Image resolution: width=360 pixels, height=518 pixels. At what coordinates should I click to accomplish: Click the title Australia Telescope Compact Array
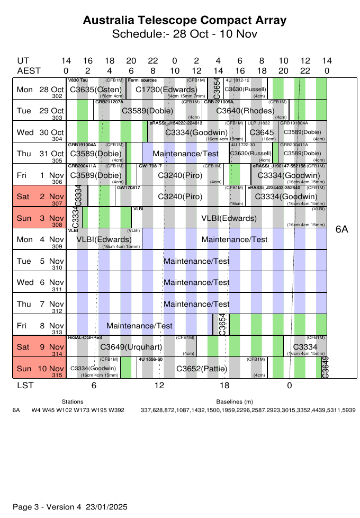click(185, 21)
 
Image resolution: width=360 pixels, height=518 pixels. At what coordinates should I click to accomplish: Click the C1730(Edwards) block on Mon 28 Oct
click(166, 90)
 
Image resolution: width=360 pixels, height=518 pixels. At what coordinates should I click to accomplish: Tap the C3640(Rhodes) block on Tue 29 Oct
click(245, 111)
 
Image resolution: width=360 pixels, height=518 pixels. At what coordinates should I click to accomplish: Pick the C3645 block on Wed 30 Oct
click(261, 132)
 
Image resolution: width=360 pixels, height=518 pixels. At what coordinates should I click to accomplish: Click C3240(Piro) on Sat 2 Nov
click(180, 197)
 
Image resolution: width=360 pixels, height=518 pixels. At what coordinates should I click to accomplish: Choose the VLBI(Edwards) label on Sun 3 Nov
click(229, 218)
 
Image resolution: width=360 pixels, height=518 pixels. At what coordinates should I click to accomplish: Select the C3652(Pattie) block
click(201, 368)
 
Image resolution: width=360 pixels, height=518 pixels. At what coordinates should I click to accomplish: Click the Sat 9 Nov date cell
click(40, 347)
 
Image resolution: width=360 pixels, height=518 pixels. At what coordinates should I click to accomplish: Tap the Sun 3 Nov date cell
click(40, 218)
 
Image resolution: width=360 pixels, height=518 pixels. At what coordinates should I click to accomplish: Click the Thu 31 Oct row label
click(40, 153)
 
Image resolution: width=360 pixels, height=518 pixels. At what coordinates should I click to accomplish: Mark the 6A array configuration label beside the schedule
click(341, 229)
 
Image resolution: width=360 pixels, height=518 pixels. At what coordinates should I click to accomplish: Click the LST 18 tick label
click(224, 385)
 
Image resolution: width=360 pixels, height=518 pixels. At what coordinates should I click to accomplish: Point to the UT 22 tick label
click(152, 61)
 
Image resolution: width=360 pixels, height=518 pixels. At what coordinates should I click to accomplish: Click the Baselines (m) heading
click(234, 402)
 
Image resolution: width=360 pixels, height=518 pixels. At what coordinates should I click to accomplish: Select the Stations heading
click(73, 402)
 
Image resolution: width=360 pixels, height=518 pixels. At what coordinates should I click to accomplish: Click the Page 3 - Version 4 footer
click(70, 506)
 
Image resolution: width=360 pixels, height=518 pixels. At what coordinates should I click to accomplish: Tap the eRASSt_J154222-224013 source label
click(176, 123)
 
